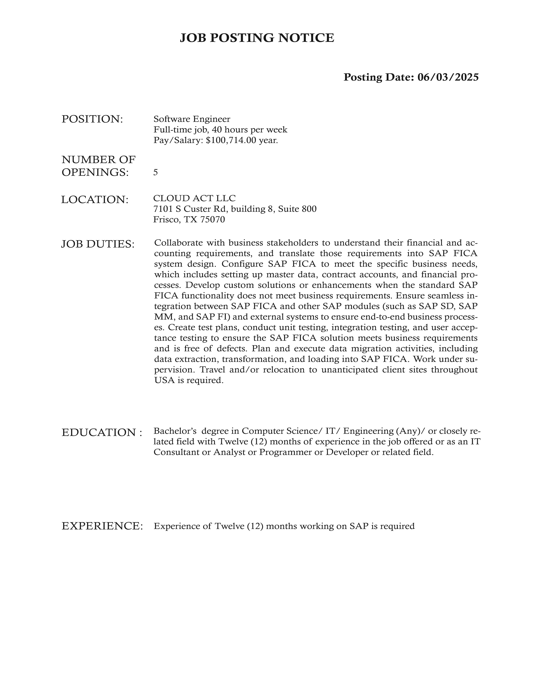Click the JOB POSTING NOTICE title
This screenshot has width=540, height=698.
[257, 38]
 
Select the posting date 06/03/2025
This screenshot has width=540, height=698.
[448, 77]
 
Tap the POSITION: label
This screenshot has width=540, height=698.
[92, 119]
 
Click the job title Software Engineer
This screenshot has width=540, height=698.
[192, 119]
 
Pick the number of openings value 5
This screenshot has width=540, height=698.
[155, 173]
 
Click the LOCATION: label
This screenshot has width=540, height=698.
[95, 200]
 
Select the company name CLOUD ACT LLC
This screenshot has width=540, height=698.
[194, 198]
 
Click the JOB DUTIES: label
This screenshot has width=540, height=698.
[98, 244]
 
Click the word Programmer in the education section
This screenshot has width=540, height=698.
[285, 452]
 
